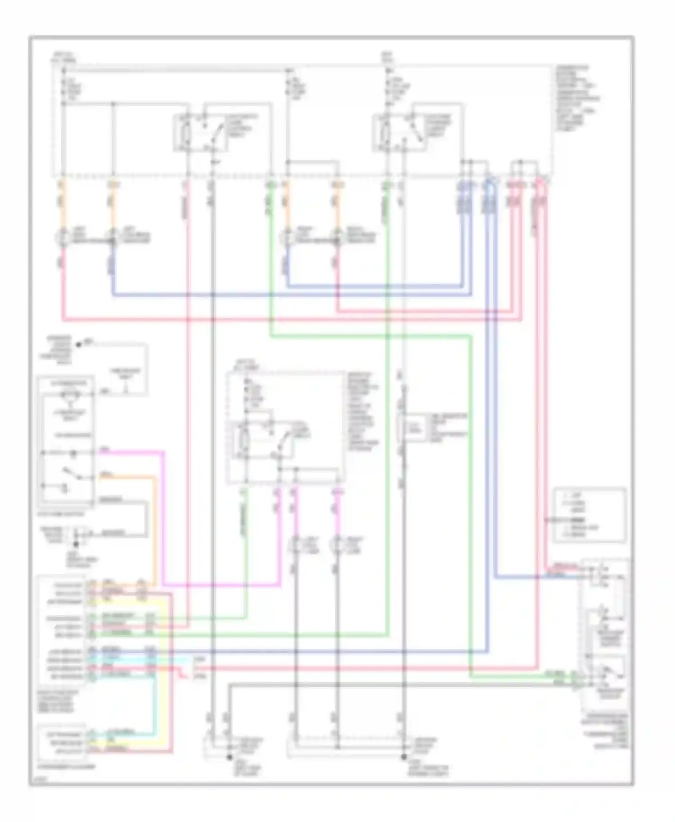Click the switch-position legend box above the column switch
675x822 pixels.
click(589, 515)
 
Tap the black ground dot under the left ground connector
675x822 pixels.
click(229, 757)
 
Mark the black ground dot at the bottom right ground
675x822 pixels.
click(404, 757)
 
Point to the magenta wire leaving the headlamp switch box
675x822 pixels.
click(130, 451)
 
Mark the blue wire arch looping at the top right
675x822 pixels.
click(490, 182)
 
